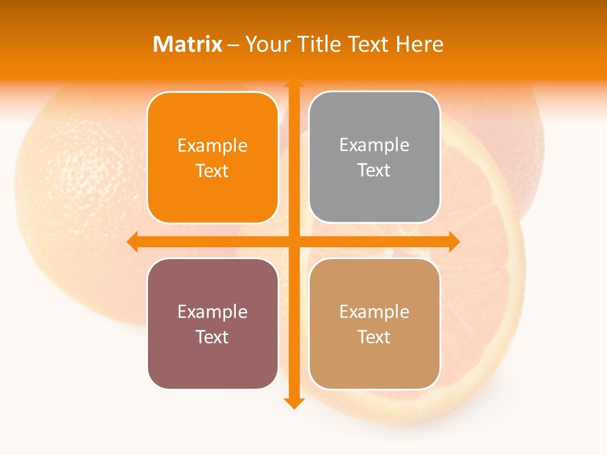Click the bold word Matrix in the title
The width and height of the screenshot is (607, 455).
coord(188,44)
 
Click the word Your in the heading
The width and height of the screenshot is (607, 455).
coord(266,44)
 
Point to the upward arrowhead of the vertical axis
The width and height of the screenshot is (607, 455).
coord(293,82)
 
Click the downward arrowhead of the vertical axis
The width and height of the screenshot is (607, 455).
coord(293,403)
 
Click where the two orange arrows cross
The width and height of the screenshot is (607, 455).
coord(293,241)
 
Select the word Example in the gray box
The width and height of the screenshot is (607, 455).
coord(374,145)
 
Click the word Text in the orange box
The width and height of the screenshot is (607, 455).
coord(212,171)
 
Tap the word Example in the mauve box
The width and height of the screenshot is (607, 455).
coord(212,312)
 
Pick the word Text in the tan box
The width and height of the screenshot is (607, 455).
coord(374,337)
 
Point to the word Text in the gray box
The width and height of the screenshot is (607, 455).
coord(374,171)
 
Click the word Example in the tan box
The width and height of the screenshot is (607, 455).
coord(374,312)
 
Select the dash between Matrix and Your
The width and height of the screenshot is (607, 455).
coord(234,45)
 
